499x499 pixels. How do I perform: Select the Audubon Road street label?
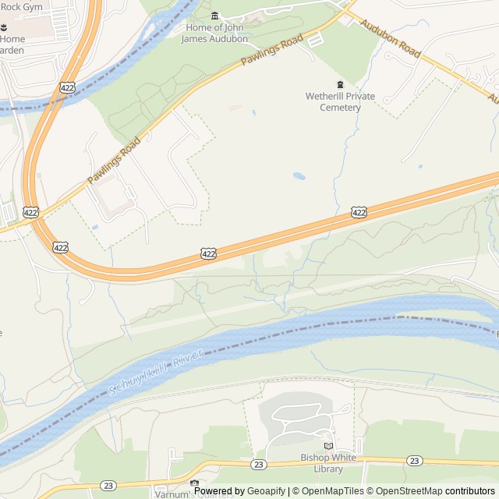coord(391,39)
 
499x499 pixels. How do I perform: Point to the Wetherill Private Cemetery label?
coord(340,101)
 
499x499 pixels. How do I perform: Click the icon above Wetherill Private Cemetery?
coord(340,84)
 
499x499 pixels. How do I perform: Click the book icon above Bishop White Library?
coord(329,446)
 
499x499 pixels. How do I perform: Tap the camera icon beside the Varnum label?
coord(195,484)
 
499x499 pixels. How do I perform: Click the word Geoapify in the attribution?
coord(267,491)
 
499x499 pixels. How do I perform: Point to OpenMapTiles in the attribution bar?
coord(332,491)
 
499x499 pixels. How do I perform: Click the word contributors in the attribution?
coord(470,491)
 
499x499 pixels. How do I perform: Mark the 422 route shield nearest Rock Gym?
coord(67,88)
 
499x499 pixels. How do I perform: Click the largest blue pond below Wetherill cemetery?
coord(299,176)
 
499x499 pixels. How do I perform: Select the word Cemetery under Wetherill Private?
coord(341,108)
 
